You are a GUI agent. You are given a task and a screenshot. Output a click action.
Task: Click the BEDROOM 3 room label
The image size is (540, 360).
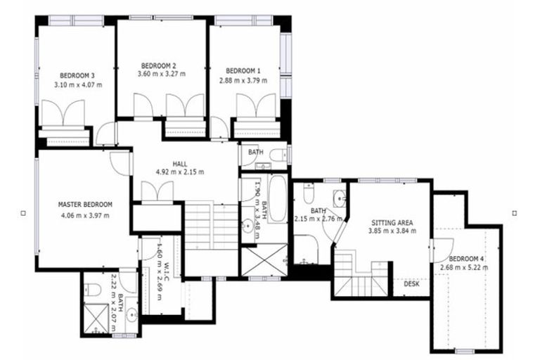[x=77, y=75]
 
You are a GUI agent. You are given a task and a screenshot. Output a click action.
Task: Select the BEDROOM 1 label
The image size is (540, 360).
[x=243, y=71]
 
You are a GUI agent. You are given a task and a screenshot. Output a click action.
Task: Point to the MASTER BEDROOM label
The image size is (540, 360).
[x=85, y=205]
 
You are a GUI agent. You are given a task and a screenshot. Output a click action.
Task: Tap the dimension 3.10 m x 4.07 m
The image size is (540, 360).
[x=77, y=84]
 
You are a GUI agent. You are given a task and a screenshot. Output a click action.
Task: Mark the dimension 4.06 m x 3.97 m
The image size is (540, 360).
[x=85, y=214]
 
